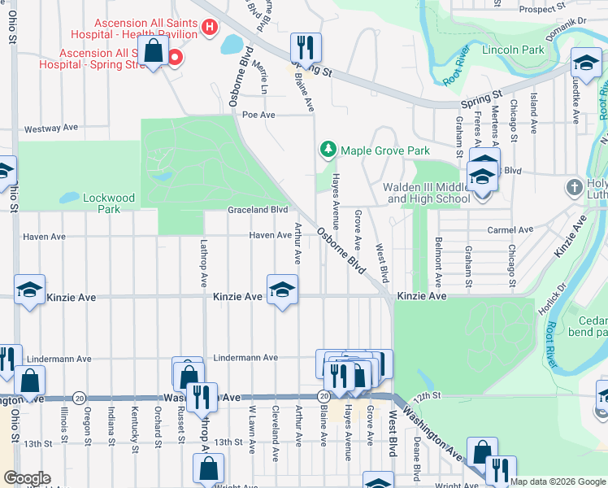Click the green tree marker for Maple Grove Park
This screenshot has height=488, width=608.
(328, 150)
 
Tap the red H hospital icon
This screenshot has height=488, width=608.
(209, 27)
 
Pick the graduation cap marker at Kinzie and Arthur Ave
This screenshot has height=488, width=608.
(282, 290)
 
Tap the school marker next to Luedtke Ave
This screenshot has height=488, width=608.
(585, 62)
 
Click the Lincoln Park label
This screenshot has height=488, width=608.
(513, 50)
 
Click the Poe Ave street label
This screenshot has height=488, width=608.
(259, 115)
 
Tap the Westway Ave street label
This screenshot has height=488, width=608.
(50, 129)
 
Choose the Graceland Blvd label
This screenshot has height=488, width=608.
(258, 209)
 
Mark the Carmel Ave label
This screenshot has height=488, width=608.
(509, 230)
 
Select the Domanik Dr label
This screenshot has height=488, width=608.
(571, 20)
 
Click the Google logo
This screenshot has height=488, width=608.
(27, 478)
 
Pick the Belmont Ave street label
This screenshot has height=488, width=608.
(438, 263)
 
